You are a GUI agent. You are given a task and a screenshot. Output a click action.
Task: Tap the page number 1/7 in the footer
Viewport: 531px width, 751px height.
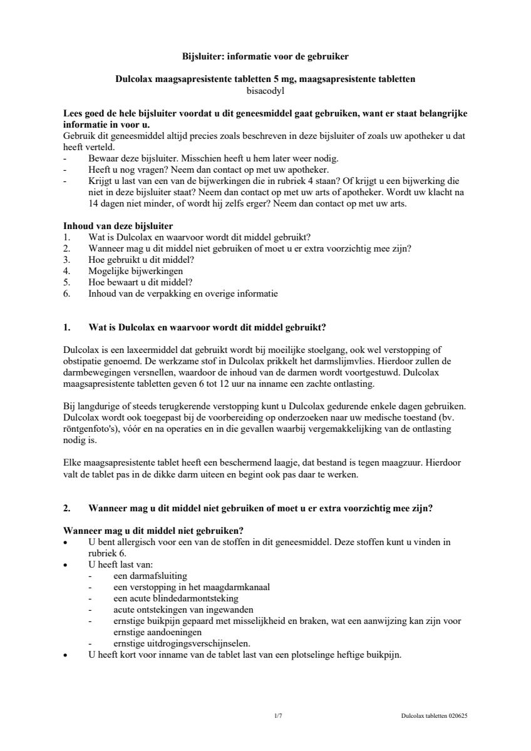(x=278, y=715)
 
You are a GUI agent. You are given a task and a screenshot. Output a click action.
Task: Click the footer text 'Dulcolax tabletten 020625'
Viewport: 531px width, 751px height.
(x=434, y=715)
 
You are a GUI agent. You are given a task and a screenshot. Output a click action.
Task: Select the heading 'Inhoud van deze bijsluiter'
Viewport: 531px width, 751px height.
(x=118, y=226)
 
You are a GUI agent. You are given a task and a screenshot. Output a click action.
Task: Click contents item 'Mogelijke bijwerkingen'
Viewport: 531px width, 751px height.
(x=136, y=271)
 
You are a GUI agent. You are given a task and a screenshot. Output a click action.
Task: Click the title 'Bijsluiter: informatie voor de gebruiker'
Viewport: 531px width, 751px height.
(x=265, y=56)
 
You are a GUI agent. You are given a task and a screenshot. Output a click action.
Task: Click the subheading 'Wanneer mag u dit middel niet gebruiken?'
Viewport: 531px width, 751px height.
(x=153, y=531)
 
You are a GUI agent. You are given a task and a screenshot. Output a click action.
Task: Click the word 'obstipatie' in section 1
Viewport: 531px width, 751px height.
(x=83, y=361)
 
